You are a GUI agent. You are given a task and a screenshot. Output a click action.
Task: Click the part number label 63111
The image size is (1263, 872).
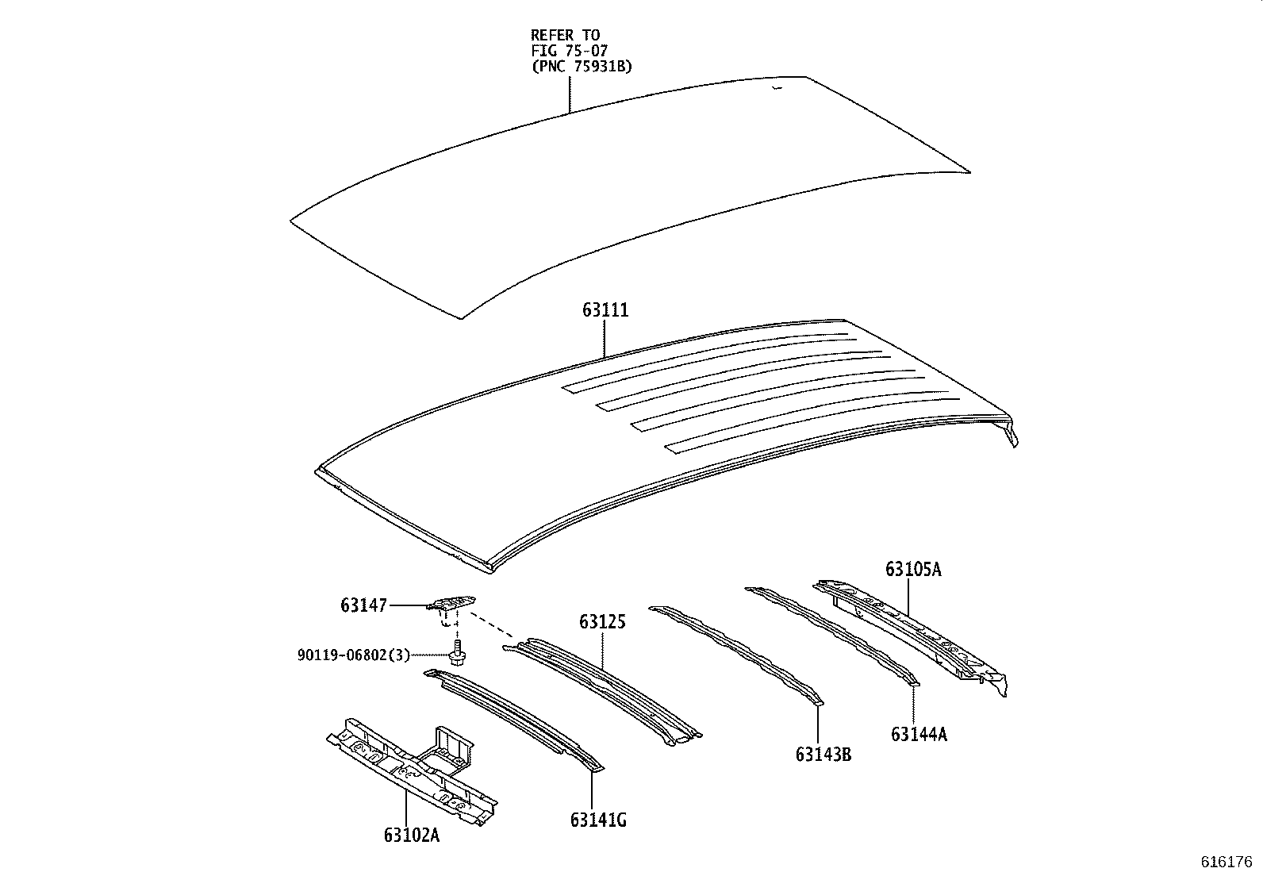pos(605,310)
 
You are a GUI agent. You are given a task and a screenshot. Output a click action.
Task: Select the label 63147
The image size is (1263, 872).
pos(364,605)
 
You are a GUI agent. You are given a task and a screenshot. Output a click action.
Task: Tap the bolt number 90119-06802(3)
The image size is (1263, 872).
pos(354,655)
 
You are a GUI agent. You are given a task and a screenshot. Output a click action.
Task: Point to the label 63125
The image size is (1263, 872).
pos(601,622)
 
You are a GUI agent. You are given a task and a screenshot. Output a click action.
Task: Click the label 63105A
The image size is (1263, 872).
pos(913,569)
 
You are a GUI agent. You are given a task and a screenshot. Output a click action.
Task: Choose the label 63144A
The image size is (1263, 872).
pos(919,734)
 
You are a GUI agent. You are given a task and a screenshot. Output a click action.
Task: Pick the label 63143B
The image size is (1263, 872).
pos(823,754)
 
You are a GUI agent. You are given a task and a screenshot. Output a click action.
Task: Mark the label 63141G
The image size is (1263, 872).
pos(597,820)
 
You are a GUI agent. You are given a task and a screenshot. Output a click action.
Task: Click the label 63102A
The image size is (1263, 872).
pos(411,835)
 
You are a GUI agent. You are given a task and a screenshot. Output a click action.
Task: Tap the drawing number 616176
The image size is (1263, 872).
pos(1226,862)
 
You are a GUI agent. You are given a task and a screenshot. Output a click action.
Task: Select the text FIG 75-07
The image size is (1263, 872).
pos(569,51)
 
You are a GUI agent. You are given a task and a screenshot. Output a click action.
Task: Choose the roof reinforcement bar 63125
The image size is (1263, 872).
pos(603,686)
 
